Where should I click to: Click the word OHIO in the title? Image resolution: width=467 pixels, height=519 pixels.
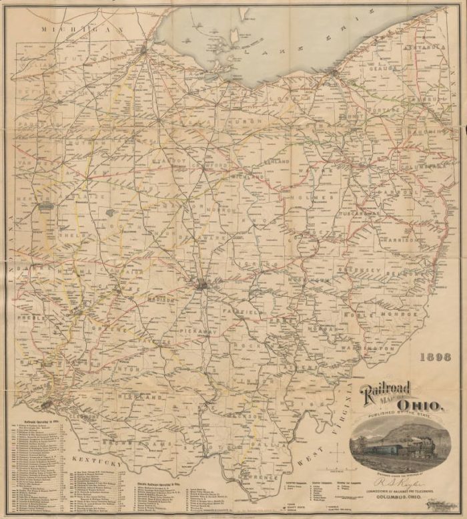click(418, 406)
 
